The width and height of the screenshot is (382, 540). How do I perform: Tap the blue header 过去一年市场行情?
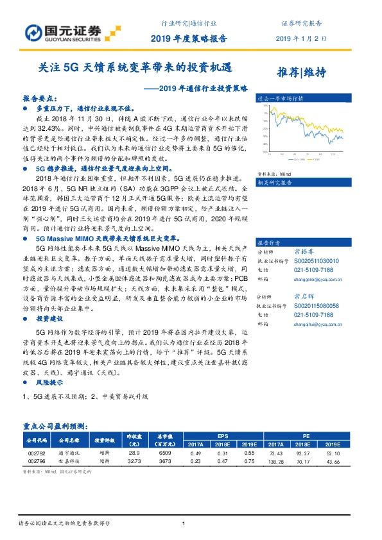tap(279, 99)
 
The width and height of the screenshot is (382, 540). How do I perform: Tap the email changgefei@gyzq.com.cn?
tap(325, 280)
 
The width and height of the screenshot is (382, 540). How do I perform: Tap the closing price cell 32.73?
tap(134, 460)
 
